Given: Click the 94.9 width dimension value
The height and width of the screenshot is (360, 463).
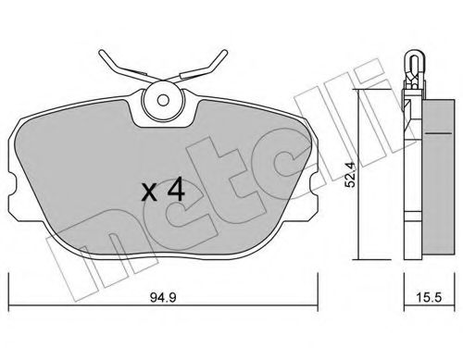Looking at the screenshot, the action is click(x=163, y=298).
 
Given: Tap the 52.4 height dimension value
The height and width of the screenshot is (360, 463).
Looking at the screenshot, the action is click(x=350, y=175).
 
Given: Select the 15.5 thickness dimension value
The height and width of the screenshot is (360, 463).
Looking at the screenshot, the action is click(x=429, y=298).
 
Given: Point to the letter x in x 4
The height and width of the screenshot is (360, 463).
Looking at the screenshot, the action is click(x=149, y=192).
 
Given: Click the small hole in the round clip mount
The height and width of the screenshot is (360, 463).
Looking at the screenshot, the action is click(x=162, y=100).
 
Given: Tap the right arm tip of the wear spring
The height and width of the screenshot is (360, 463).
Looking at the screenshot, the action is click(x=225, y=51).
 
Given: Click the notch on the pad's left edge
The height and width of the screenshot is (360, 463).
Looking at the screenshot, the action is click(x=11, y=185).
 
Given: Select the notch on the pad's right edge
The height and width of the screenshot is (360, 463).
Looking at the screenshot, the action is click(x=313, y=185).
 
